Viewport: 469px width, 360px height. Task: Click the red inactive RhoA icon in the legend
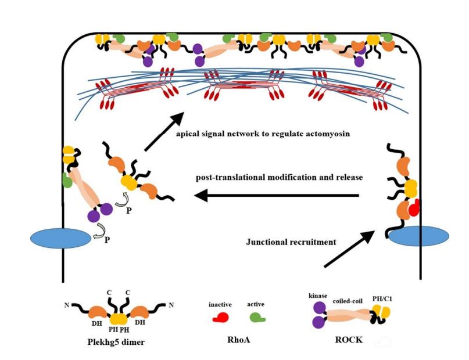click(220, 317)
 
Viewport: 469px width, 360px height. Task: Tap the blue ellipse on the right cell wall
click(418, 237)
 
